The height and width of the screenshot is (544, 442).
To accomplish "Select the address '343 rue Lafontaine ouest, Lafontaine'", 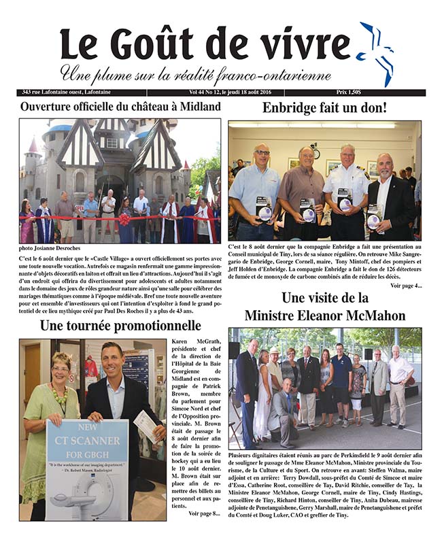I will tap(74, 92).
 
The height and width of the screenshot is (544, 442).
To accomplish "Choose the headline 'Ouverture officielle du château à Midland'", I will tap(120, 107).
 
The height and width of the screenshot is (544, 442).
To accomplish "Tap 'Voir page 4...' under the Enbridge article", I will tap(406, 286).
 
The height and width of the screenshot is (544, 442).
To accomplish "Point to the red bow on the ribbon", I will tap(124, 219).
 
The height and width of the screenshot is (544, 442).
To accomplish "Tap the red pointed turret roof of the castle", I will tap(32, 146).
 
